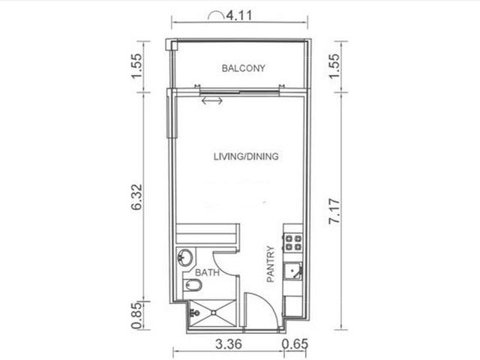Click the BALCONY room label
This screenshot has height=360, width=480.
[243, 68]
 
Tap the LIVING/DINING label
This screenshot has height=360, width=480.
[246, 157]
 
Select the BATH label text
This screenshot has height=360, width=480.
[207, 272]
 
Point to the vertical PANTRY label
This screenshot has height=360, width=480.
[271, 264]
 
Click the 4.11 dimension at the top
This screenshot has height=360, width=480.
[239, 15]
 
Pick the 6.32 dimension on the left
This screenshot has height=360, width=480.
[136, 196]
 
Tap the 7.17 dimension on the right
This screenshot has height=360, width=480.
[334, 211]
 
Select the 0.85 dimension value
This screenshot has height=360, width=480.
[136, 315]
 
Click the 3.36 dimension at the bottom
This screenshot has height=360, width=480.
[229, 344]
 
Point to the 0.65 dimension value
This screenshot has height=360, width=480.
[295, 344]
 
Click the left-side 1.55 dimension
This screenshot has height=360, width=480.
[136, 66]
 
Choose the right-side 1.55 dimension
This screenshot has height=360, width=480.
[334, 66]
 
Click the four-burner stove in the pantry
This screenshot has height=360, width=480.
[293, 242]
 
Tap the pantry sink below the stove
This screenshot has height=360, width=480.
[292, 271]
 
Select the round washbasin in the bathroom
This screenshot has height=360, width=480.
[185, 257]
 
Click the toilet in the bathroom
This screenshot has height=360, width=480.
[193, 285]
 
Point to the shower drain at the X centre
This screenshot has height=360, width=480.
[213, 313]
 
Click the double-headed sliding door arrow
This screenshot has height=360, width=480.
[212, 100]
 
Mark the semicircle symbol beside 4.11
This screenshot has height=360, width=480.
[216, 15]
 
